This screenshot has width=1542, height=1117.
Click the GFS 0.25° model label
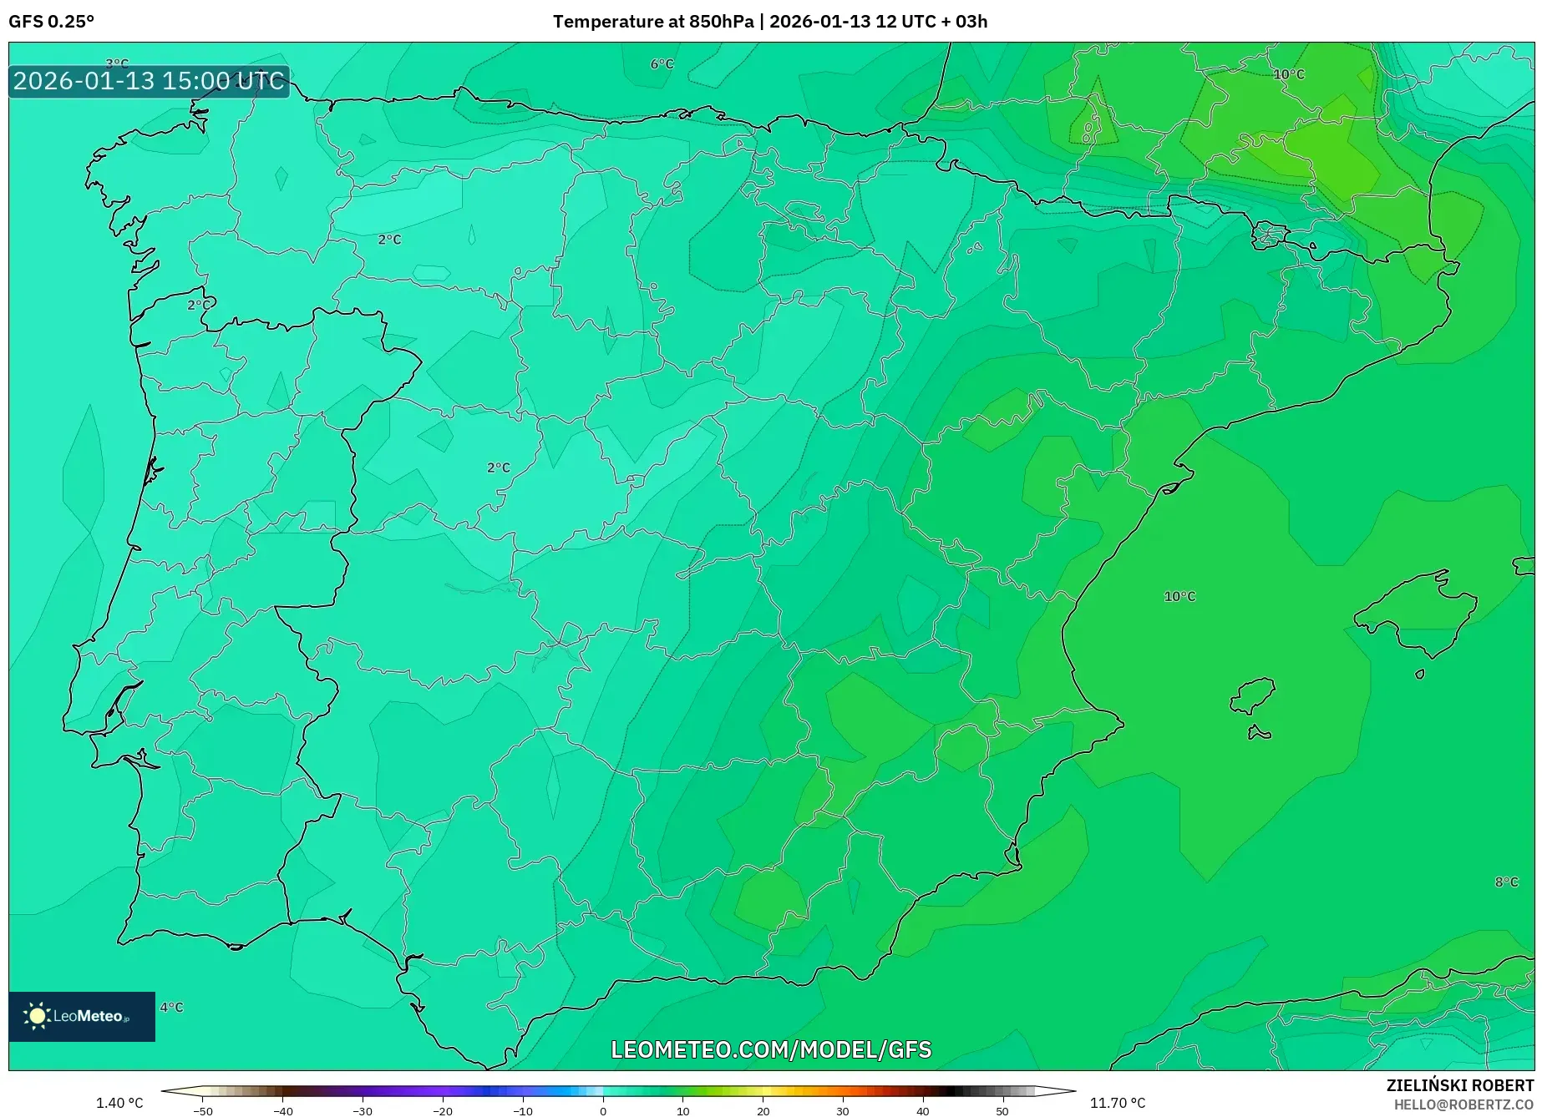(52, 22)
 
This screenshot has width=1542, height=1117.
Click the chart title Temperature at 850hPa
(652, 22)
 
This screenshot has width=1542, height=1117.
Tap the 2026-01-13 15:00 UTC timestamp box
(149, 82)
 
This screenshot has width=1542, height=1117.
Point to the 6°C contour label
(662, 64)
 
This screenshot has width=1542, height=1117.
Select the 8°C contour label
(1506, 882)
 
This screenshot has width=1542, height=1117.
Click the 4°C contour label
(171, 1008)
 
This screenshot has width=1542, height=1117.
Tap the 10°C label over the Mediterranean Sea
(1179, 597)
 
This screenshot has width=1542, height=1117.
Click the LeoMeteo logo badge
(82, 1016)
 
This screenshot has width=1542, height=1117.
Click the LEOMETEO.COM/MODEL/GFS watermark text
(771, 1049)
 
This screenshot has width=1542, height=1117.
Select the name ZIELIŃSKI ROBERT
(1460, 1086)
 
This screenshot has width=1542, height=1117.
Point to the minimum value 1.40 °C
(119, 1104)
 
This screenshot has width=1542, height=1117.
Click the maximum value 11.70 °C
(1118, 1104)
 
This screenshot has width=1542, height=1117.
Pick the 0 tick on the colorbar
(603, 1111)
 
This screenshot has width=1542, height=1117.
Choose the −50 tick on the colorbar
(203, 1111)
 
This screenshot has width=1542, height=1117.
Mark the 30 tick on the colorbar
(843, 1111)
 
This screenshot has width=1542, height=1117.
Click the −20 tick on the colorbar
(443, 1111)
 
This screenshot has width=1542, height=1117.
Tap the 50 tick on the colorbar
(1002, 1111)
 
